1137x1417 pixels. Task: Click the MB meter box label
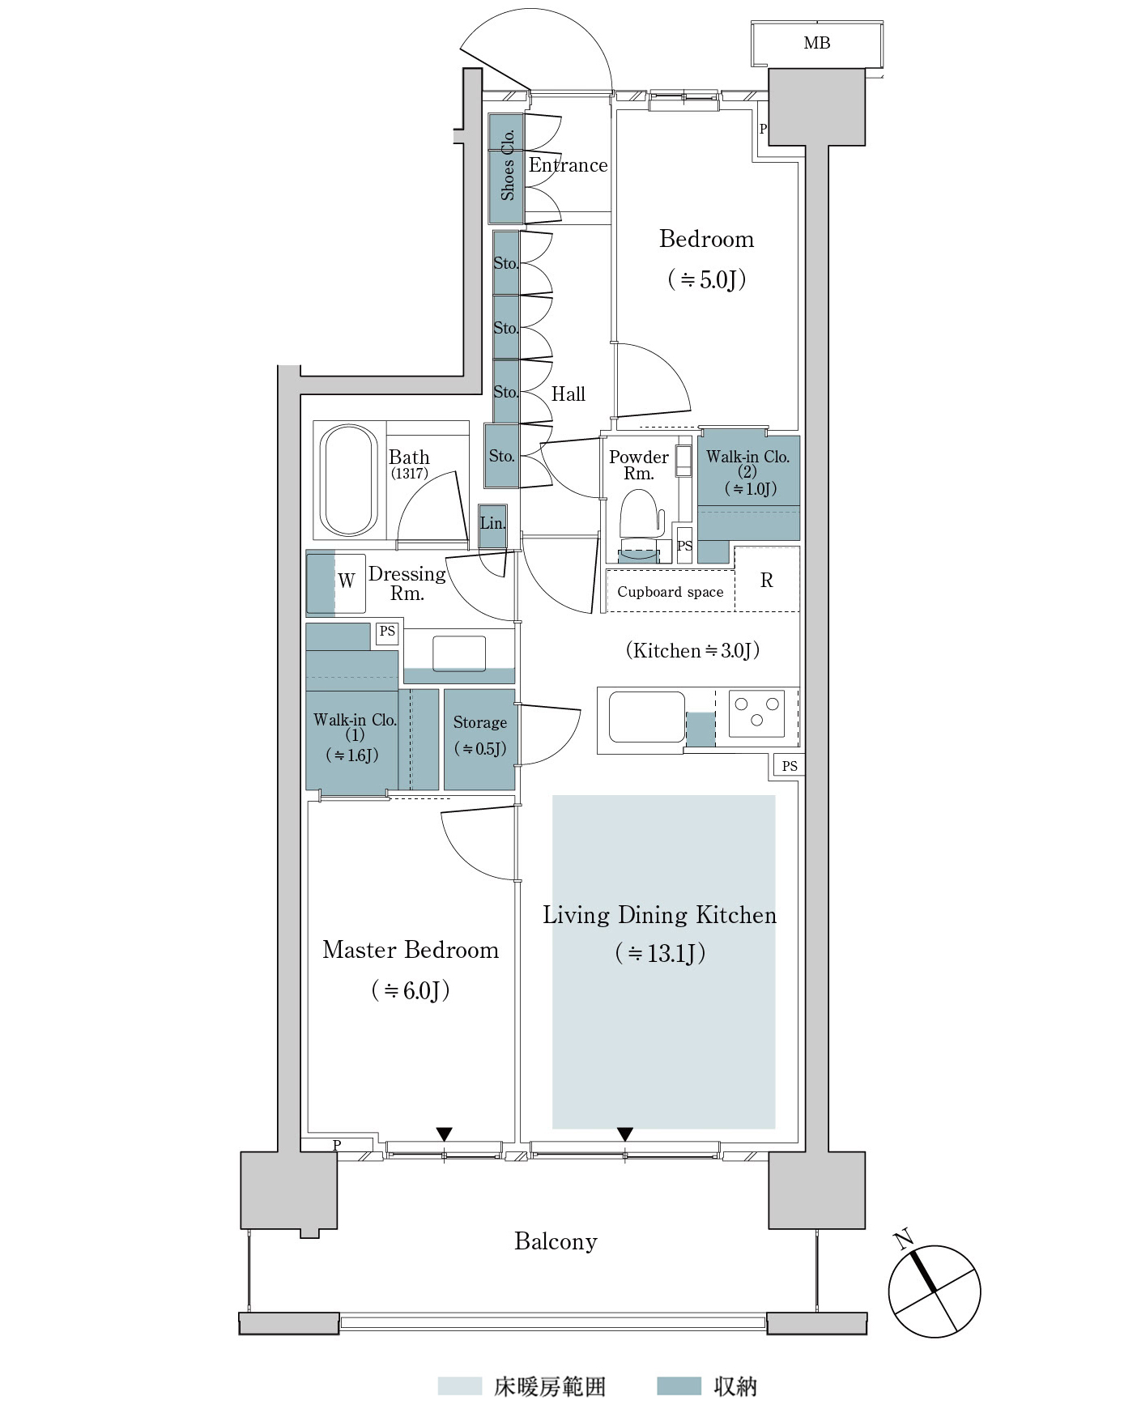point(816,43)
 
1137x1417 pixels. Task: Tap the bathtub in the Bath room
point(349,480)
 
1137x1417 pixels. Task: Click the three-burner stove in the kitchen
point(756,713)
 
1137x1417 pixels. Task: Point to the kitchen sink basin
point(646,717)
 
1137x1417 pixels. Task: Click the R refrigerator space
point(767,580)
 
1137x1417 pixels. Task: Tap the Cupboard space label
point(670,592)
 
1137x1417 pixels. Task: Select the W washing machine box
point(347,581)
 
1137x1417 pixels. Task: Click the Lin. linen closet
point(492,523)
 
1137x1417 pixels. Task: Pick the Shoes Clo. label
point(508,165)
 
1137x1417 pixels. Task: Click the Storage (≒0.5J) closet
point(479,737)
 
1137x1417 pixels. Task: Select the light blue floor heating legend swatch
point(459,1386)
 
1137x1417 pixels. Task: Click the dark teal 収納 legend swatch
point(679,1386)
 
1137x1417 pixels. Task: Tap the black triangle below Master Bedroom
point(444,1134)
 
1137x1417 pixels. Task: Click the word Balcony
point(556,1241)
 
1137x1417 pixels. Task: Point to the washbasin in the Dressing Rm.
point(459,653)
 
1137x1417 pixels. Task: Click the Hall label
point(568,394)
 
